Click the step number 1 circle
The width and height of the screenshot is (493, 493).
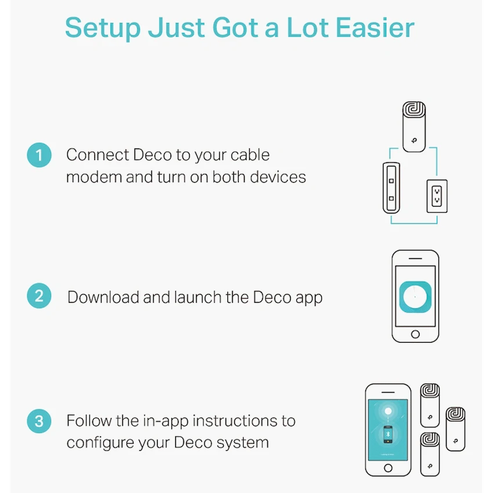click(39, 155)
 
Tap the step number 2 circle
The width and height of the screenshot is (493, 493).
click(39, 296)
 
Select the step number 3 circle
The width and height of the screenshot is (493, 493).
click(39, 421)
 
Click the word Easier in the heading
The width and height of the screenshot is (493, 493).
click(375, 28)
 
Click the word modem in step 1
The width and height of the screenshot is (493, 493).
click(94, 177)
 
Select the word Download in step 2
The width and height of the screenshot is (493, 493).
click(103, 297)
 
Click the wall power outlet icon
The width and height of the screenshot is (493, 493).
click(437, 196)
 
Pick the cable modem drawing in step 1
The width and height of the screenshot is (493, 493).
click(391, 188)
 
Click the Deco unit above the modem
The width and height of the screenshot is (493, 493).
click(414, 126)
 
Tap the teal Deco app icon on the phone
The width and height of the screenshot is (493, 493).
click(415, 297)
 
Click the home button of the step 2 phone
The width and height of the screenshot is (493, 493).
click(415, 334)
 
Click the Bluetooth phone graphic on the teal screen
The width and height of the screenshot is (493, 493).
click(388, 434)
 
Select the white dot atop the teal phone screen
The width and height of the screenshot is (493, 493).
click(388, 411)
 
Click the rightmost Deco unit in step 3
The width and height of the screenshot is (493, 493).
click(455, 429)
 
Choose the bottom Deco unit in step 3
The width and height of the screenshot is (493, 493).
click(430, 454)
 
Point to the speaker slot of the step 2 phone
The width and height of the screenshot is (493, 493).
click(415, 259)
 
